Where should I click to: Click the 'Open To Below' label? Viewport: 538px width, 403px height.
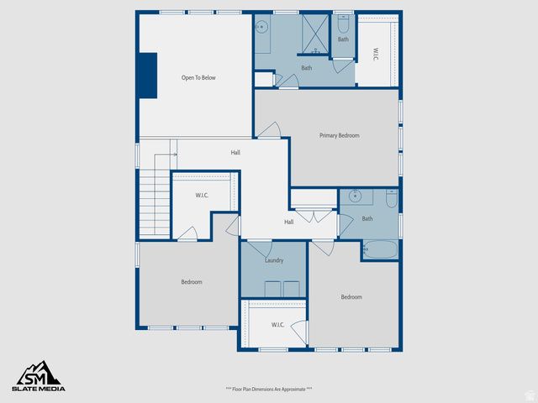click(198, 78)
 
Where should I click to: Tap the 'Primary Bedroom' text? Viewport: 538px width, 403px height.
click(339, 135)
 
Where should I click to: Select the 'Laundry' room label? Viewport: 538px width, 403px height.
click(273, 260)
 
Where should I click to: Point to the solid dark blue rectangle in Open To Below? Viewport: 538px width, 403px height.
click(148, 78)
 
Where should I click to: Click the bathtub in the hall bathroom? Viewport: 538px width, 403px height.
click(379, 250)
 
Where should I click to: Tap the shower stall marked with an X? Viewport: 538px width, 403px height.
click(314, 34)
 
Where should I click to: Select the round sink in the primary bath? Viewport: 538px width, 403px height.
click(261, 27)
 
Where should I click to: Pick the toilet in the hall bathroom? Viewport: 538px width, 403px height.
click(391, 199)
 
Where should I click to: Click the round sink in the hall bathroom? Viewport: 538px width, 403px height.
click(356, 197)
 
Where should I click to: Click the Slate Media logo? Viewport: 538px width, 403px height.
click(37, 376)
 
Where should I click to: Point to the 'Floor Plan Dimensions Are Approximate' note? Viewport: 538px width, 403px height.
click(268, 389)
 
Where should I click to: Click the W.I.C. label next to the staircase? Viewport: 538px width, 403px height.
click(202, 196)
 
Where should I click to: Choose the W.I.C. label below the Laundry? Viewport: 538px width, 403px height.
click(278, 324)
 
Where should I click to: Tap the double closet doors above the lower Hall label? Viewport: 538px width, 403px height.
click(313, 215)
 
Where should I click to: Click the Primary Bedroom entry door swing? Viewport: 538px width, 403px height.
click(270, 130)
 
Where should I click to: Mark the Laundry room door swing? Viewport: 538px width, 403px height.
click(259, 249)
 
